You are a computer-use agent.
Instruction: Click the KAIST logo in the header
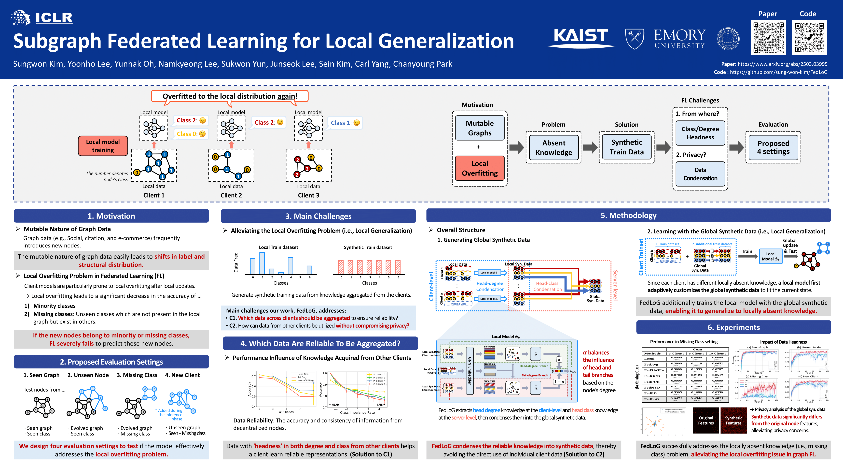point(580,37)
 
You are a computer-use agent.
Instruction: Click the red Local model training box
point(103,146)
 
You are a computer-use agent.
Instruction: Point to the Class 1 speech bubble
point(345,123)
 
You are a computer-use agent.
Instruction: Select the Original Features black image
point(706,421)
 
